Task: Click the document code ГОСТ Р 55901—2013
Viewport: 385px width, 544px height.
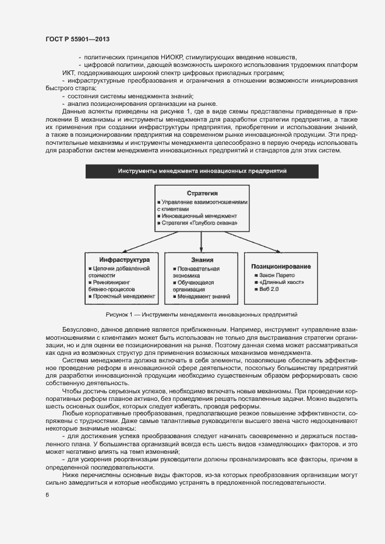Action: pos(77,39)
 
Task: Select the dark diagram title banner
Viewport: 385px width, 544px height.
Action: pos(202,171)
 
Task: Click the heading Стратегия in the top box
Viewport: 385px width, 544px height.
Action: pos(202,193)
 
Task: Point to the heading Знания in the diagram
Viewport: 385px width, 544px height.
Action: pos(202,259)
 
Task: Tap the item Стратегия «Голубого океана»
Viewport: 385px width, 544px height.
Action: pos(199,223)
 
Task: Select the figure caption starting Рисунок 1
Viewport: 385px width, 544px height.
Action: pos(202,314)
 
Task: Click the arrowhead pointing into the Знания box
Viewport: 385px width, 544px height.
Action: pos(202,248)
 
